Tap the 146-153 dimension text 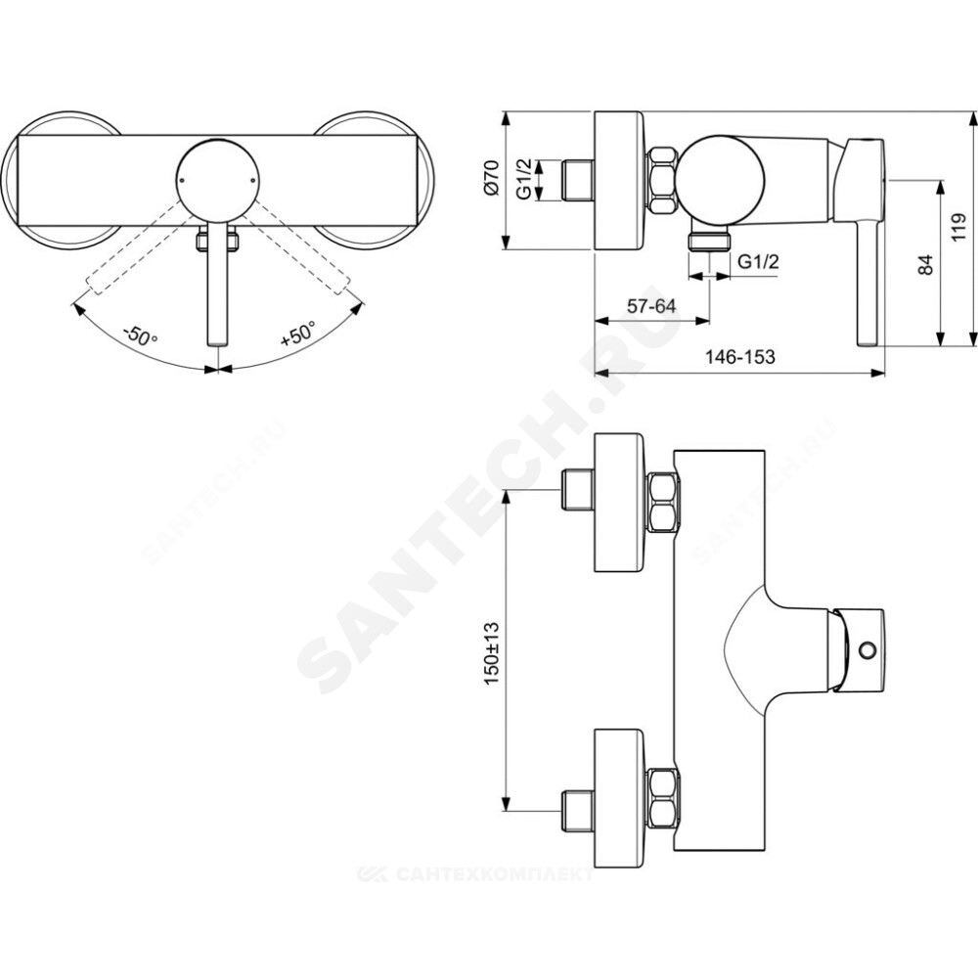(x=739, y=357)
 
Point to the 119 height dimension (x=958, y=228)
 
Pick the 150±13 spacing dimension (x=492, y=652)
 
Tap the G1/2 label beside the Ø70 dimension (x=524, y=179)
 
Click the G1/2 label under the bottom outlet (x=759, y=261)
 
